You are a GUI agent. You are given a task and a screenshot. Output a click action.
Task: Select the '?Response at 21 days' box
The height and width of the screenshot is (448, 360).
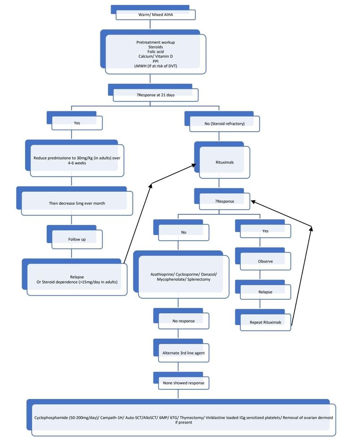pos(155,95)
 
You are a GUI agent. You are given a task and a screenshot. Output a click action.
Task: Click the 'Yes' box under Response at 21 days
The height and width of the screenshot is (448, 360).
pos(77,123)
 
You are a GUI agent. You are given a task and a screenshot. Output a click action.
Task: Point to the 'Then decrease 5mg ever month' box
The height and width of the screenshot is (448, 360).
pos(77,203)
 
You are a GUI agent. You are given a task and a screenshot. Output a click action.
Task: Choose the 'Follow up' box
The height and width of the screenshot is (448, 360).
pos(77,239)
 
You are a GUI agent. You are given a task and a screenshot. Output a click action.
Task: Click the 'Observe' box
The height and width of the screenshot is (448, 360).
pos(265,261)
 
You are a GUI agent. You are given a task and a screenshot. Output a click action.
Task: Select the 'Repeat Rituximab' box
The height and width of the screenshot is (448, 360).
pos(265,322)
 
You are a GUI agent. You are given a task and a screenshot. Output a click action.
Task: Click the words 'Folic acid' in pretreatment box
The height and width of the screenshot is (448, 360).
pos(155,52)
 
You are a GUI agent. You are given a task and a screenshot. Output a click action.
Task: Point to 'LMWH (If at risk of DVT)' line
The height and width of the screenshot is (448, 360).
pos(155,66)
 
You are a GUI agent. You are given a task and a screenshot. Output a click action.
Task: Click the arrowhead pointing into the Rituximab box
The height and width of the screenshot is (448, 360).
pos(193,165)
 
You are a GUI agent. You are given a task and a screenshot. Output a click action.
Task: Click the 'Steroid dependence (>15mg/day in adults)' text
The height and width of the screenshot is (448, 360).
pos(77,282)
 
